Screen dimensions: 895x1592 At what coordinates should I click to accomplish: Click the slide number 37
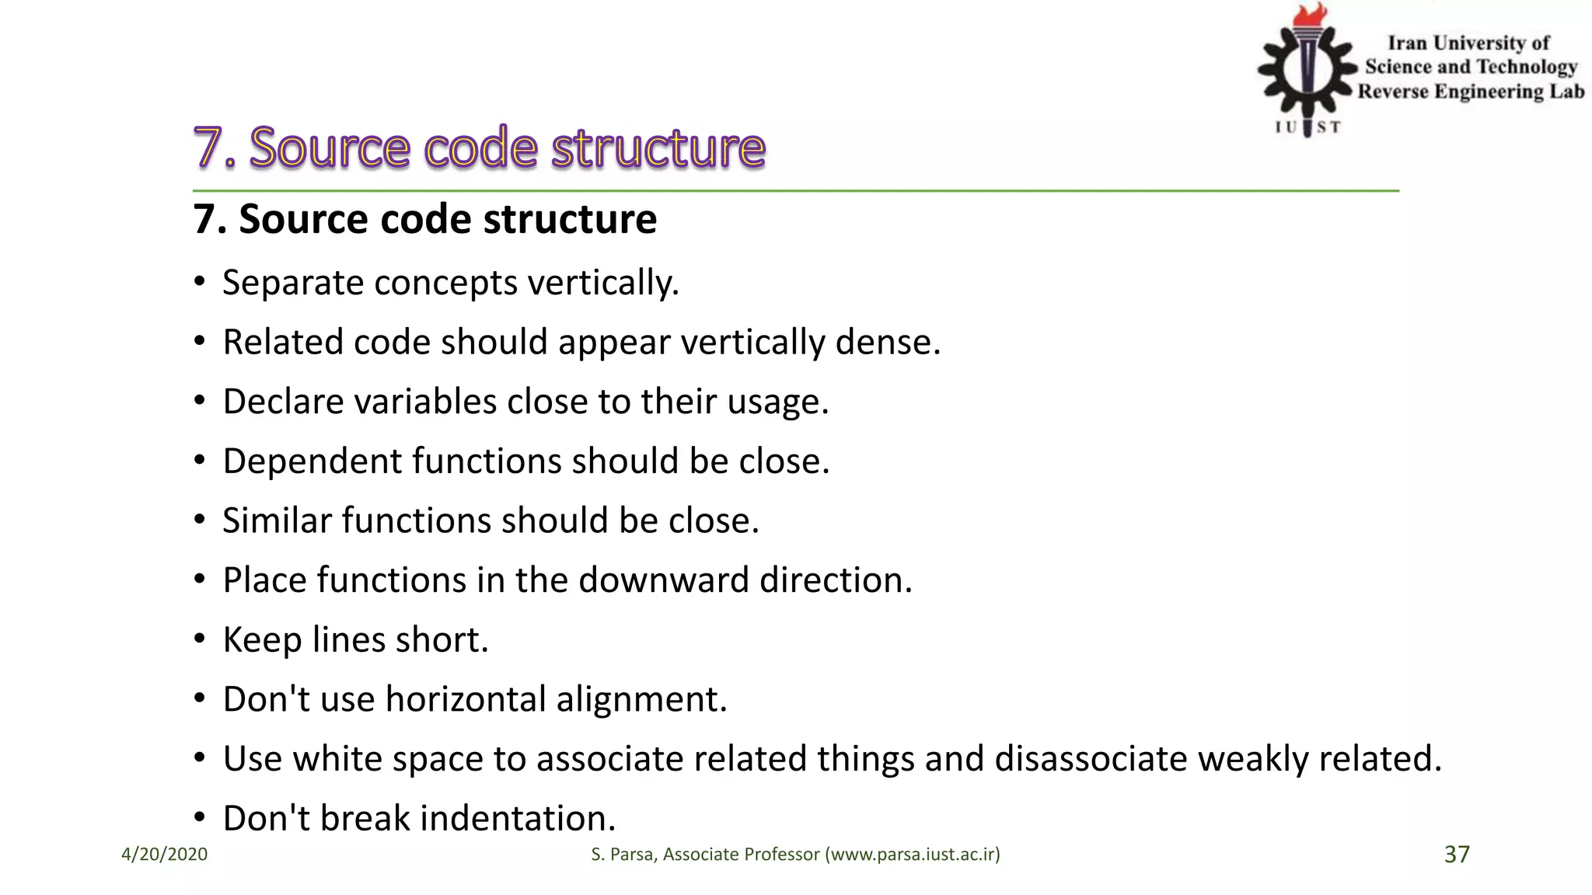point(1457,854)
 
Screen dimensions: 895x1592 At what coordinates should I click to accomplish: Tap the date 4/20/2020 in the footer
point(164,855)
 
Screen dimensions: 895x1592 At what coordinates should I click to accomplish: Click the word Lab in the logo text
point(1566,92)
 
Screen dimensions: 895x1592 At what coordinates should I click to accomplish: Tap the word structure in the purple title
point(658,147)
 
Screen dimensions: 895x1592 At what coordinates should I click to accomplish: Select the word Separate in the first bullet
point(292,282)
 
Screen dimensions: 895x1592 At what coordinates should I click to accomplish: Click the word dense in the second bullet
point(887,342)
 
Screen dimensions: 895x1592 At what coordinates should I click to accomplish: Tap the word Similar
point(277,521)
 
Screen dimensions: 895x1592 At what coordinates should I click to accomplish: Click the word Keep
point(261,640)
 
